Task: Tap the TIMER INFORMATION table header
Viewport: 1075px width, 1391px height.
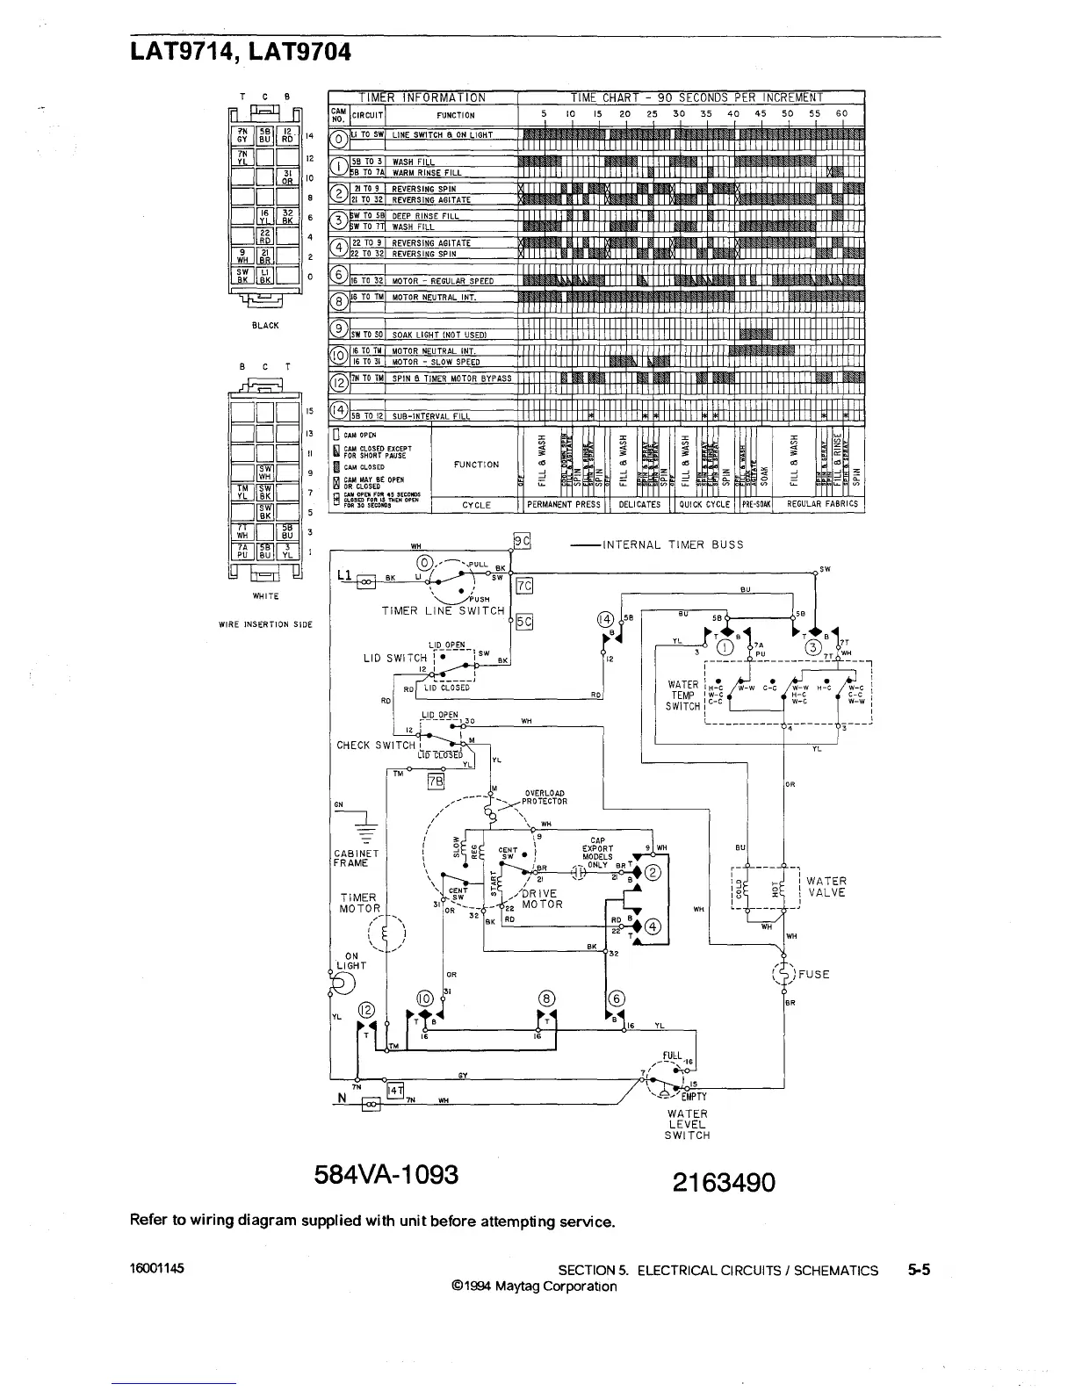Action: (422, 97)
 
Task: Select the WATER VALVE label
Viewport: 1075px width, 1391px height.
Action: (826, 887)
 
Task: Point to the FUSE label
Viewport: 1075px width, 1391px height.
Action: (813, 974)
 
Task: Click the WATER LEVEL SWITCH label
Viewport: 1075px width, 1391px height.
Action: (687, 1124)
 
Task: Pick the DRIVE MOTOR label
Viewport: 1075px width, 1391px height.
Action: (541, 898)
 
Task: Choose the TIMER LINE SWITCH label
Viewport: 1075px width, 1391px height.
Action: (444, 610)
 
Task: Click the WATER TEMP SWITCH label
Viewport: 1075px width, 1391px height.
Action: (683, 695)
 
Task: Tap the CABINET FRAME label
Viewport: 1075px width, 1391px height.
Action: (356, 858)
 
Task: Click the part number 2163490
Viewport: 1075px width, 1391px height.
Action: (724, 1183)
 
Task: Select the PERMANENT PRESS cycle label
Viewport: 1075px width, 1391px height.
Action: (563, 505)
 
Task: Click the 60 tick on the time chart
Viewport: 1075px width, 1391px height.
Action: (842, 113)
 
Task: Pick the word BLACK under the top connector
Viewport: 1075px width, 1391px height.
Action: (264, 326)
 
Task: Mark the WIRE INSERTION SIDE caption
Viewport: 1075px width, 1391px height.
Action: (266, 624)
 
